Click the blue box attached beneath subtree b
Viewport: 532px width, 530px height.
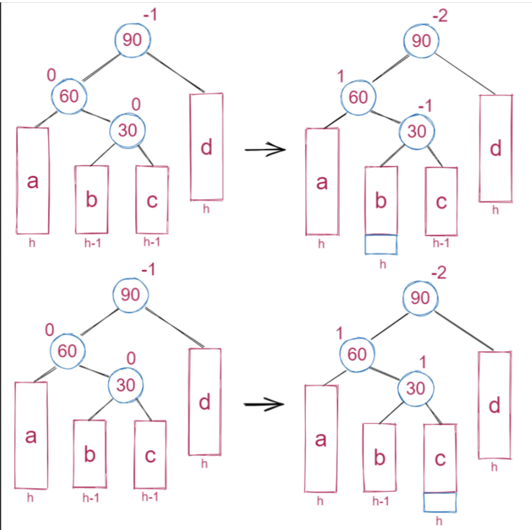381,245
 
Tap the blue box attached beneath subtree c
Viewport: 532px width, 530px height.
440,502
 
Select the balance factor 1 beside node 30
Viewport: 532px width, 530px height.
422,364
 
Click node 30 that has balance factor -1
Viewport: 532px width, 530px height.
418,132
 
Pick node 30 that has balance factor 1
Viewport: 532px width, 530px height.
416,389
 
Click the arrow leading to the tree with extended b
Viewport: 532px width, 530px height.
265,149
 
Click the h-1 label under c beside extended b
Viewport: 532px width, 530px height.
440,242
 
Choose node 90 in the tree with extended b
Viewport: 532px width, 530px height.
421,41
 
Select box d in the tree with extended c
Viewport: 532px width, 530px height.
495,405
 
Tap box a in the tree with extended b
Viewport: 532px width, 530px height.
322,181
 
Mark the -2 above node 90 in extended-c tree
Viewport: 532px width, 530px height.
439,273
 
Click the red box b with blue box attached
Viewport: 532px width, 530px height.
381,201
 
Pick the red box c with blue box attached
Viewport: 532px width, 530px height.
440,457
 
